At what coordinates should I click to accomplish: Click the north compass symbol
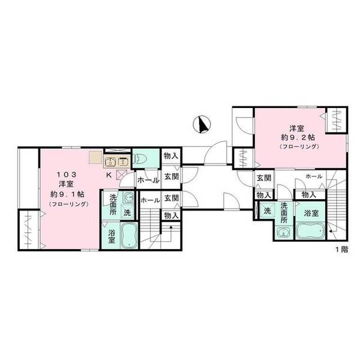202,124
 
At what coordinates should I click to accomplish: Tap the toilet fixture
143,158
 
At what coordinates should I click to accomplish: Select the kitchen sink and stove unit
117,161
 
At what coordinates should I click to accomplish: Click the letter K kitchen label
109,176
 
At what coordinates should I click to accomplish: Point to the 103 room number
67,175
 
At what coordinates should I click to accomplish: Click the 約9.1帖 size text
67,194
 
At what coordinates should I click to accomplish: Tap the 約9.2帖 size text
298,137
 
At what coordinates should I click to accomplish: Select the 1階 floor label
343,250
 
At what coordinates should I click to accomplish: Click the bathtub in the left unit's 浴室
129,235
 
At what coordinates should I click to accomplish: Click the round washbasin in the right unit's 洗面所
283,232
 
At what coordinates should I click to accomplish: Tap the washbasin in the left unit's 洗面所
129,197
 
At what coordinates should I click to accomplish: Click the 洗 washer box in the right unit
268,211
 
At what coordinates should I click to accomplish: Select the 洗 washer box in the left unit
127,211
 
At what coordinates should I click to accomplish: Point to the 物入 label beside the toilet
171,157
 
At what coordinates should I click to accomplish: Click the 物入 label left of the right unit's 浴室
264,196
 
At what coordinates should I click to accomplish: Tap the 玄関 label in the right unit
264,178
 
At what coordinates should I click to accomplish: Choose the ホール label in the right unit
314,176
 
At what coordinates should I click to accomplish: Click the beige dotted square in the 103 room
95,157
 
